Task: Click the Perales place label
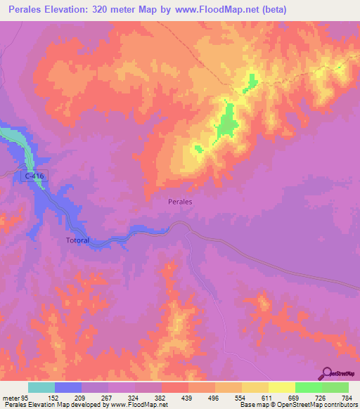pyautogui.click(x=181, y=201)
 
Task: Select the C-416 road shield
pyautogui.click(x=32, y=176)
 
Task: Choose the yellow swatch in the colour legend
pyautogui.click(x=281, y=387)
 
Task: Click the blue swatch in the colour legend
pyautogui.click(x=68, y=387)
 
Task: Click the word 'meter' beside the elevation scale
pyautogui.click(x=9, y=397)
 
